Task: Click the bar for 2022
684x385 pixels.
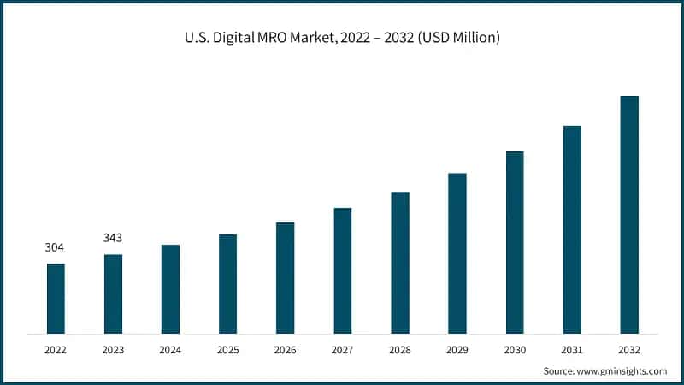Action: point(56,298)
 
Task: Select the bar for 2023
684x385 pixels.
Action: point(113,293)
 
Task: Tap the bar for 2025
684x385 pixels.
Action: point(227,283)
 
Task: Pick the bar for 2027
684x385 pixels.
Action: point(342,270)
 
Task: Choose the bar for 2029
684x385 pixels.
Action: point(457,253)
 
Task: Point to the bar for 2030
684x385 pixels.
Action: point(515,242)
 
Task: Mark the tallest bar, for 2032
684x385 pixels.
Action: point(629,214)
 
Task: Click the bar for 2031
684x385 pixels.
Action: point(572,229)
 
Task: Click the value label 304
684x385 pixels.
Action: point(56,248)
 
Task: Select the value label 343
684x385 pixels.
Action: point(113,238)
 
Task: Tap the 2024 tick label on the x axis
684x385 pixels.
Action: point(170,349)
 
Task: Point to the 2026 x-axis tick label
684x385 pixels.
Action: point(285,349)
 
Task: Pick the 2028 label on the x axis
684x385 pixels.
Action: point(400,349)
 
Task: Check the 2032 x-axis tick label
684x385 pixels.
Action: point(629,349)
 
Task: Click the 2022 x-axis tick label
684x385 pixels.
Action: point(56,349)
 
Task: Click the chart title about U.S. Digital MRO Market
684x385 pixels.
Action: point(341,38)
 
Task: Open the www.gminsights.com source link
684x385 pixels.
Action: point(623,371)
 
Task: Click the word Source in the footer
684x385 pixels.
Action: point(560,371)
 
